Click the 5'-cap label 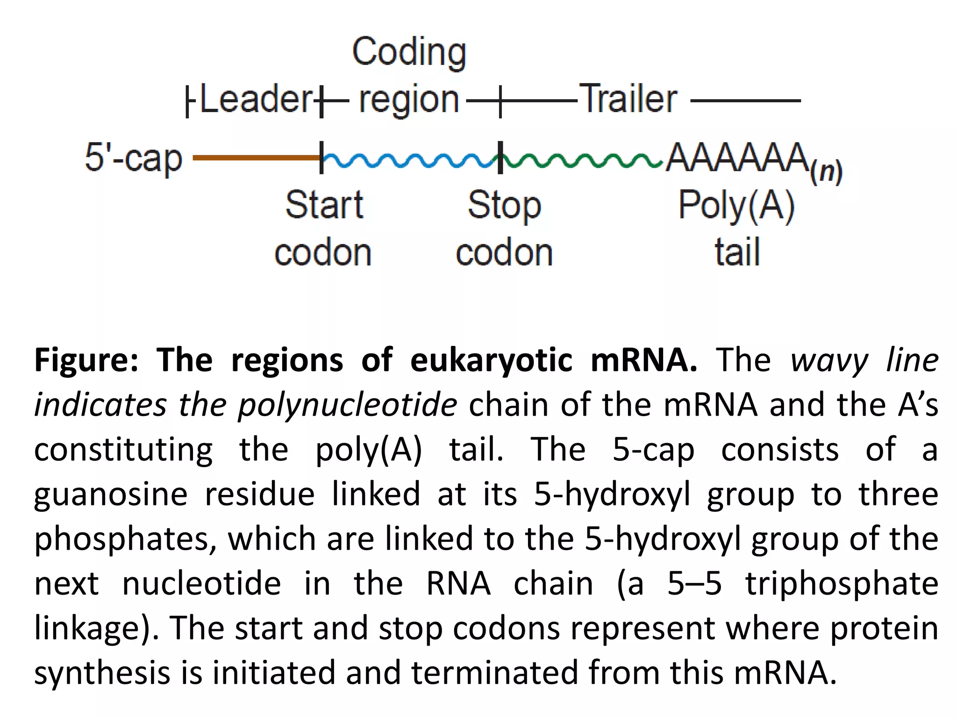pyautogui.click(x=134, y=158)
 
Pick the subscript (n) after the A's pyautogui.click(x=826, y=172)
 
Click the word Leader pyautogui.click(x=256, y=99)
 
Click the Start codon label pyautogui.click(x=323, y=229)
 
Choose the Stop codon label pyautogui.click(x=505, y=229)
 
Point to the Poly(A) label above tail pyautogui.click(x=736, y=205)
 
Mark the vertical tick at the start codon pyautogui.click(x=321, y=158)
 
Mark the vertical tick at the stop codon pyautogui.click(x=500, y=158)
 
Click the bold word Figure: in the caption pyautogui.click(x=86, y=361)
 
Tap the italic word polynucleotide pyautogui.click(x=347, y=405)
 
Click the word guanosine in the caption pyautogui.click(x=111, y=495)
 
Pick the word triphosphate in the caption pyautogui.click(x=841, y=584)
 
